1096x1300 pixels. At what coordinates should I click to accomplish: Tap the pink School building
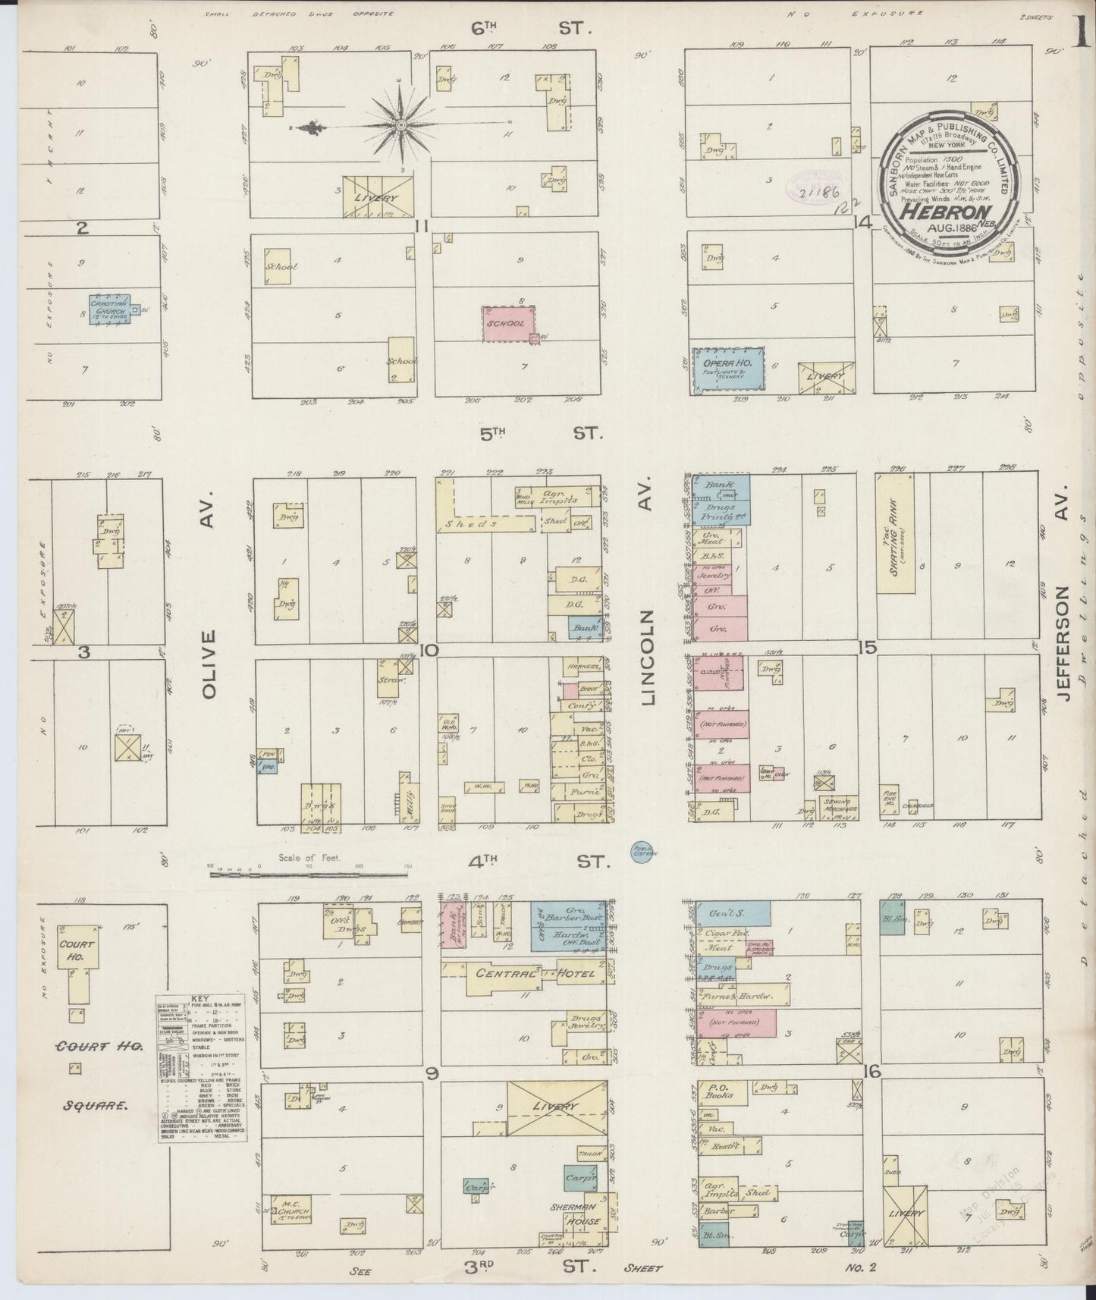[x=508, y=324]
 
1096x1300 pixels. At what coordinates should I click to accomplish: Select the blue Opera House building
[x=727, y=371]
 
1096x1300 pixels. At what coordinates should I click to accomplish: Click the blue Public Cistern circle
[x=645, y=852]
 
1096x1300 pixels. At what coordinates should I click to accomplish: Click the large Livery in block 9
[x=556, y=1107]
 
